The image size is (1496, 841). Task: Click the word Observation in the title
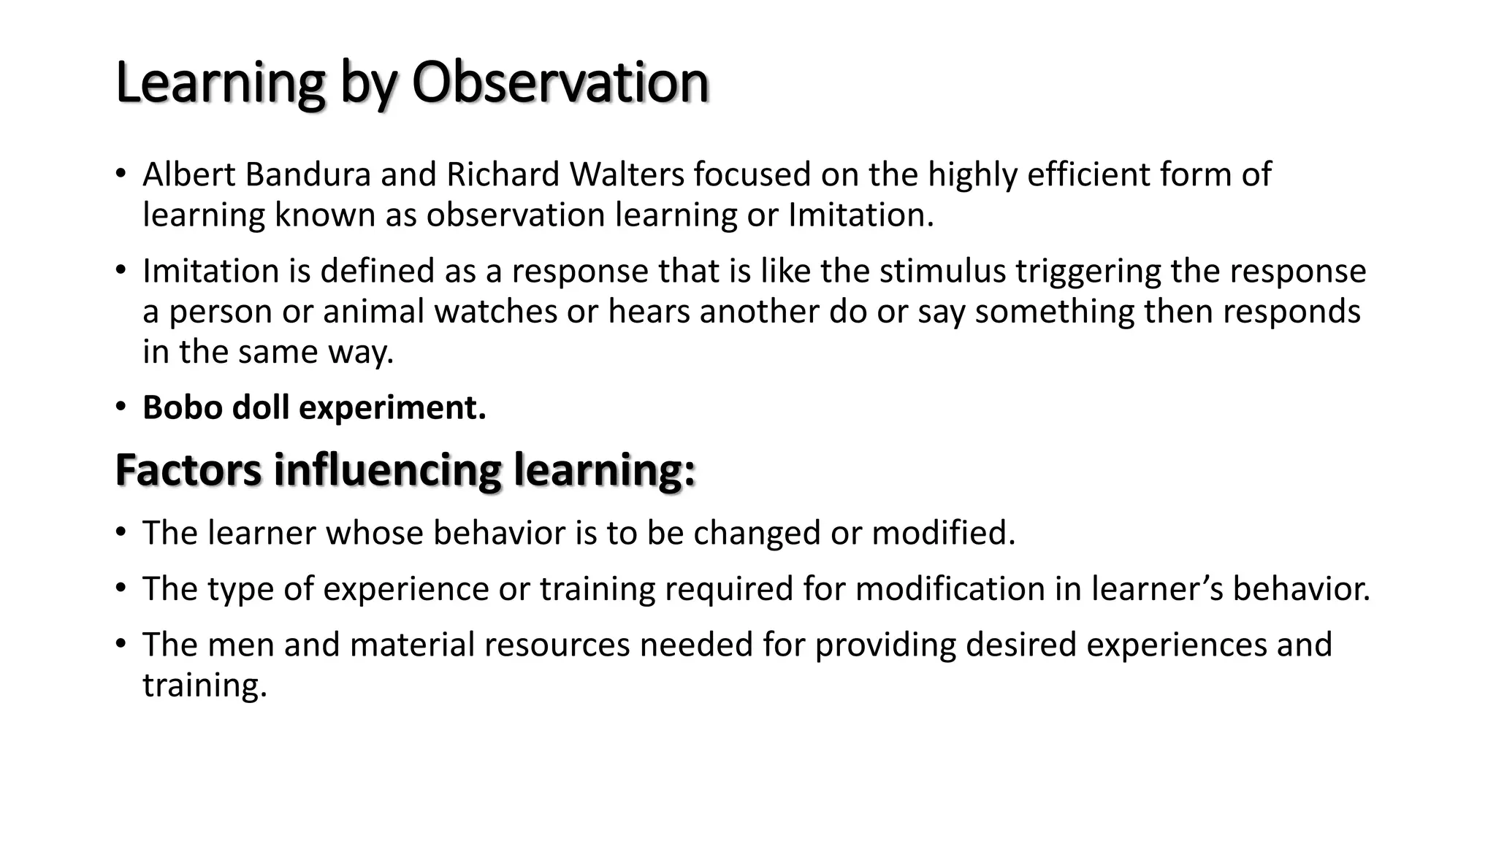pyautogui.click(x=560, y=82)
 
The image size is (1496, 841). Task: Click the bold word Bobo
pyautogui.click(x=182, y=407)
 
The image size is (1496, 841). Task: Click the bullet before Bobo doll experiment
pyautogui.click(x=121, y=407)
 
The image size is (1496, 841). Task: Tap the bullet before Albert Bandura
pyautogui.click(x=121, y=174)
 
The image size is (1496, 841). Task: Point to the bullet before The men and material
pyautogui.click(x=121, y=645)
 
